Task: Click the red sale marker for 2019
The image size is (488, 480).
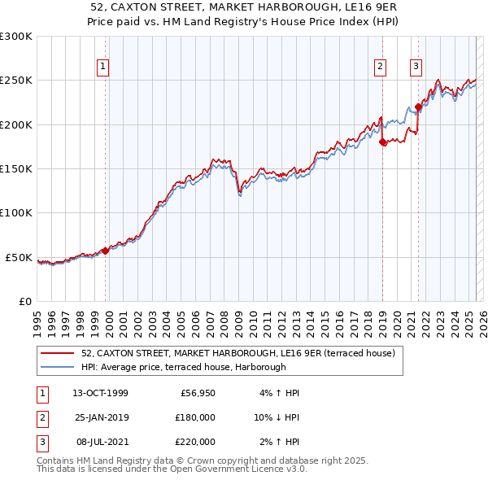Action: point(382,142)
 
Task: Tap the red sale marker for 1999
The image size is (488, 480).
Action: point(105,251)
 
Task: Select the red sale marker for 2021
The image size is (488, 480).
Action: point(418,107)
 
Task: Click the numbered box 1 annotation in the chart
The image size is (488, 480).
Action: point(104,68)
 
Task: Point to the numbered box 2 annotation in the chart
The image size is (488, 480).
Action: point(380,68)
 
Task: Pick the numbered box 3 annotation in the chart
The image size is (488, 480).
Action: point(416,68)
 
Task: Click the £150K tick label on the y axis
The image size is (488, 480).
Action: point(15,168)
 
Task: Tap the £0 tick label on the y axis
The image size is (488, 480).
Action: point(24,301)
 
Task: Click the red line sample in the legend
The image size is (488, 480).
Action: point(57,353)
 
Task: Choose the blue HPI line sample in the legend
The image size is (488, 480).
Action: point(57,368)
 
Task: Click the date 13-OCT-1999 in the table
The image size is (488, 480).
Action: point(100,393)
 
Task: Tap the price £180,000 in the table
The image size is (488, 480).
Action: point(194,417)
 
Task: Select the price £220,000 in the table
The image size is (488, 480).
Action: point(194,442)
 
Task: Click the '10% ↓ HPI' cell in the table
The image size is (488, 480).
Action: point(274,417)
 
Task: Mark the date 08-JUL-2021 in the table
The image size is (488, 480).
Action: point(99,442)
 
